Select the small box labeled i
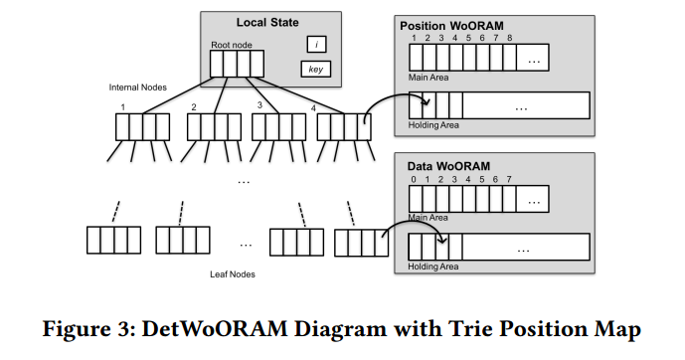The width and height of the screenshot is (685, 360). point(315,44)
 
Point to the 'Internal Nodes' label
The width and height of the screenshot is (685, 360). point(136,88)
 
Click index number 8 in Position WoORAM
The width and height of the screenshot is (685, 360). point(510,38)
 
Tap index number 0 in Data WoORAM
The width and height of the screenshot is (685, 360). point(415,179)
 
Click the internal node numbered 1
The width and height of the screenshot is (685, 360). point(137,127)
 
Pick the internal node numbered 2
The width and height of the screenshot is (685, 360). point(208,127)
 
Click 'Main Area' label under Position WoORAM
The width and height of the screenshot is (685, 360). point(429,76)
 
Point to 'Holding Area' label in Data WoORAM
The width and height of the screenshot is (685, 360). point(434,267)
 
